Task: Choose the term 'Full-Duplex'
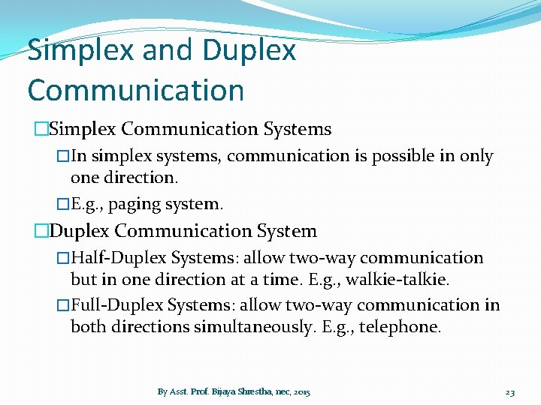[117, 305]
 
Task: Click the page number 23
[509, 391]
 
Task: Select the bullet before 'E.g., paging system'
[63, 203]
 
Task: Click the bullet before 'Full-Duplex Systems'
[63, 305]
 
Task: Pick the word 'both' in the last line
[87, 326]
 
